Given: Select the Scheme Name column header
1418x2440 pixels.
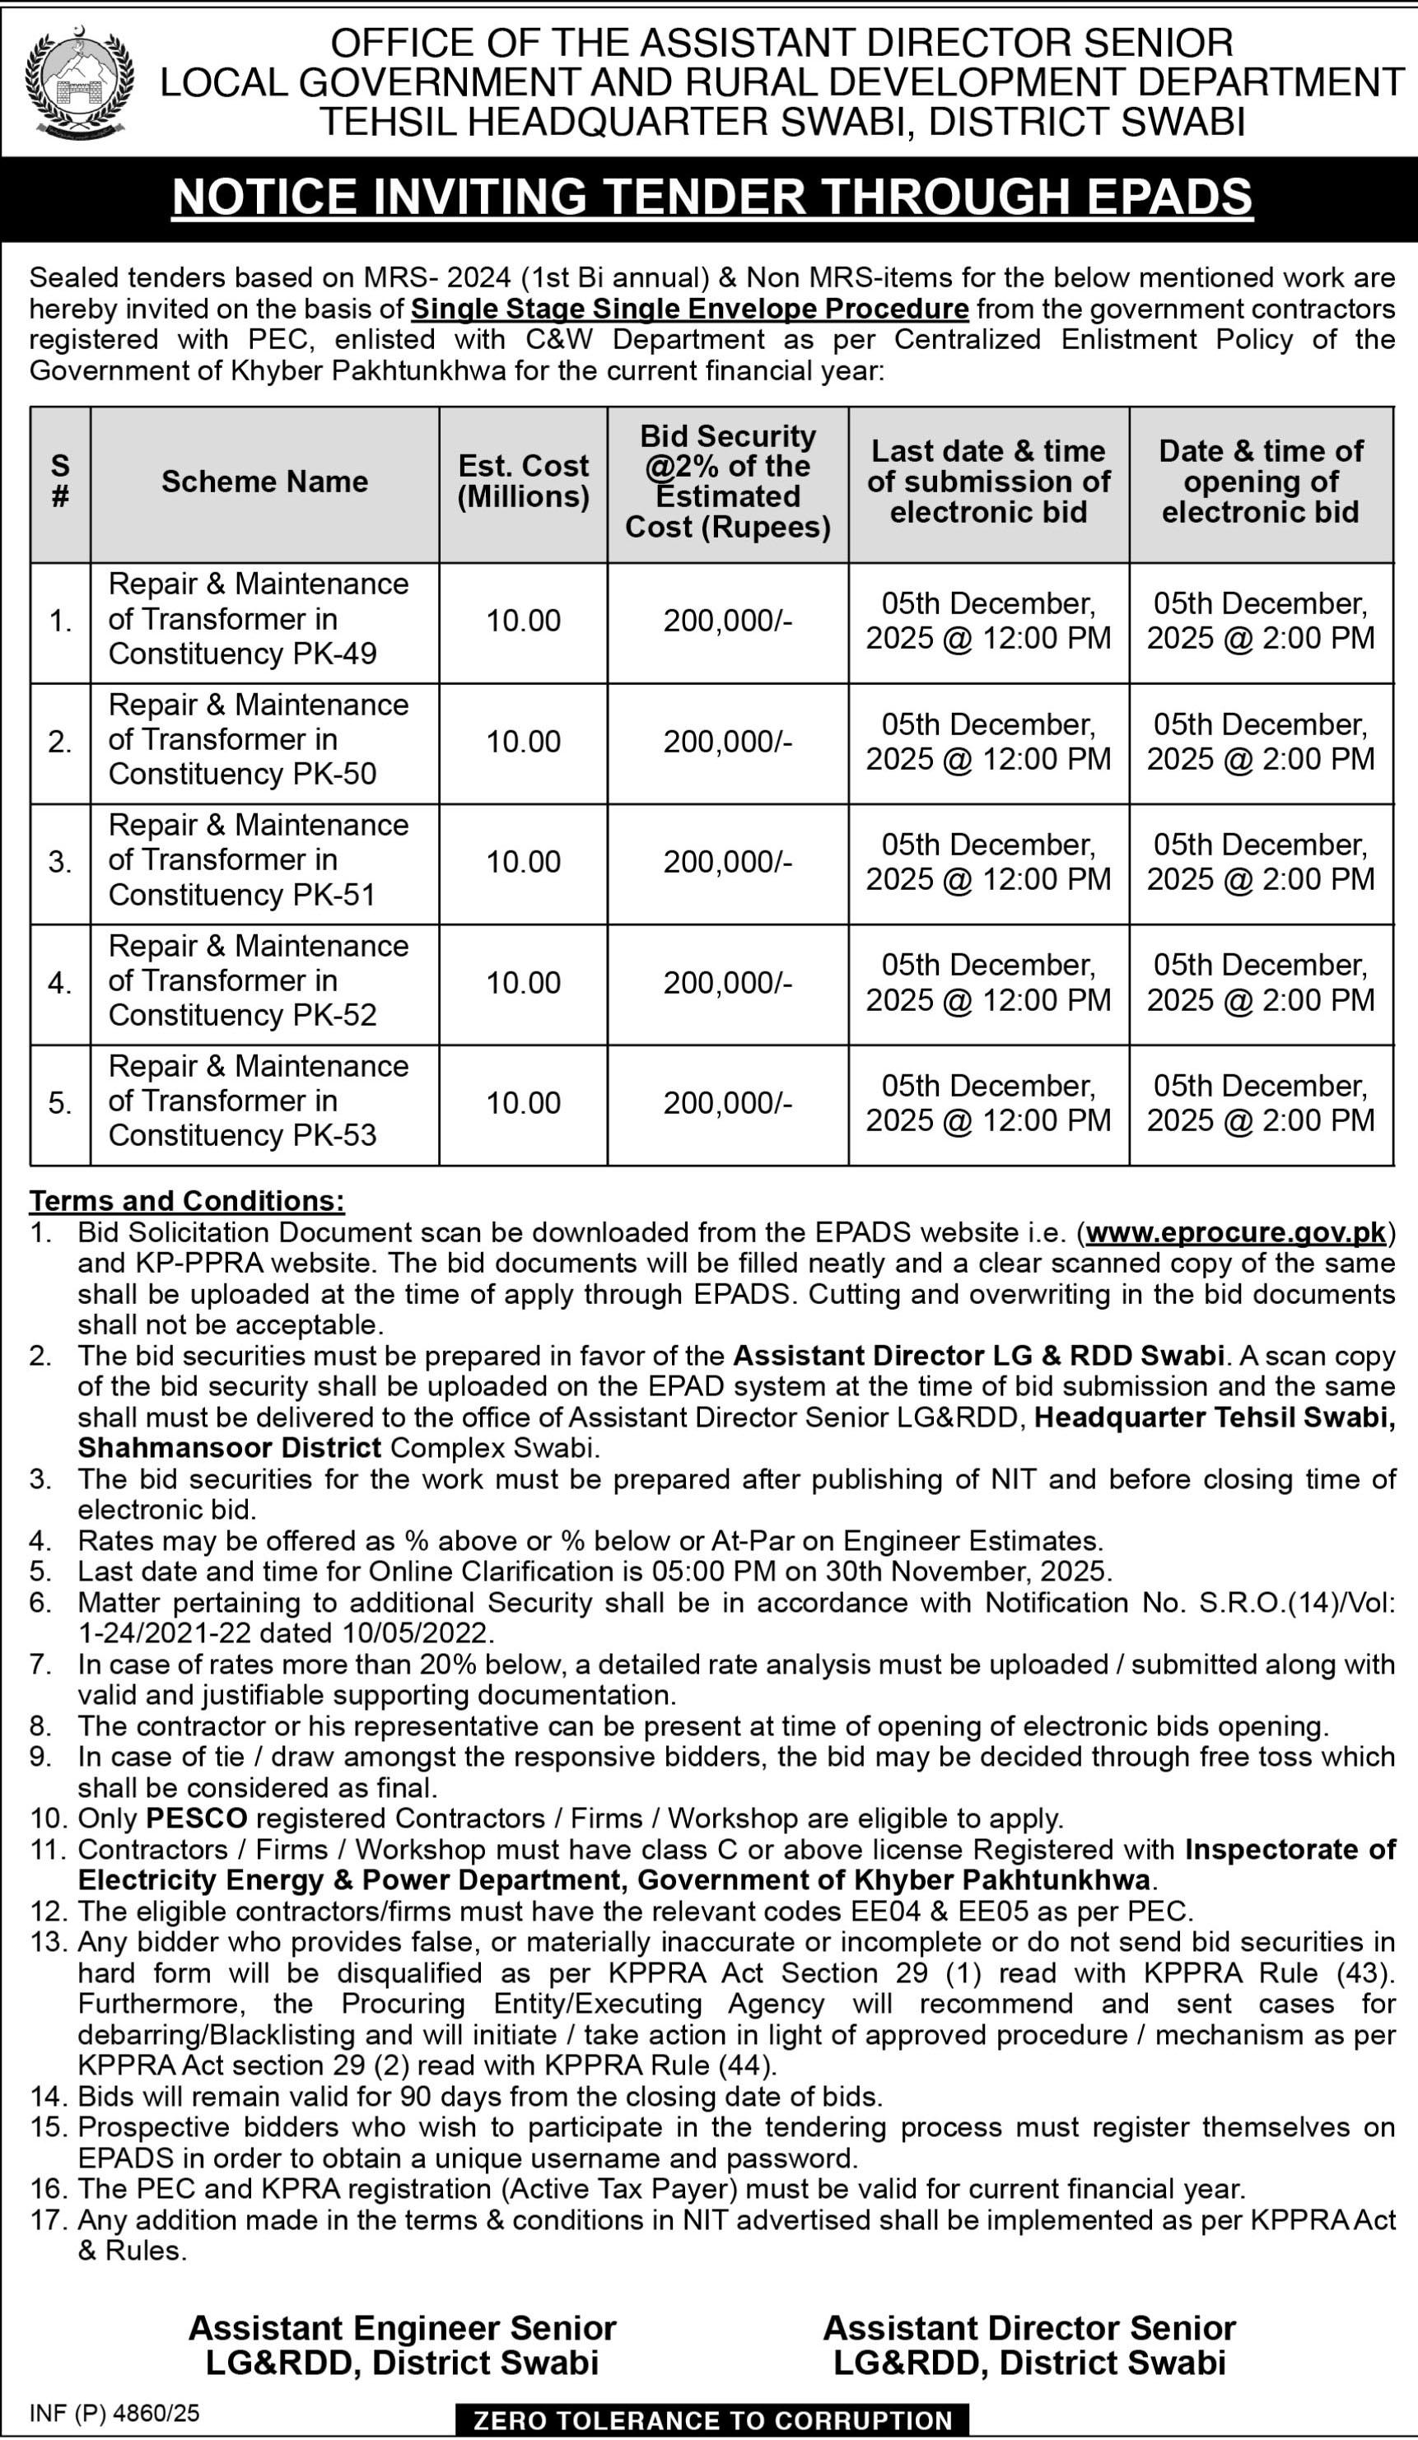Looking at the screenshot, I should pos(264,482).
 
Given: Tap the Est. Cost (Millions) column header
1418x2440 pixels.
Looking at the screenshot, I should pos(523,482).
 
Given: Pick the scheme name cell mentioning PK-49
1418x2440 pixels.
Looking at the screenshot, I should pos(258,620).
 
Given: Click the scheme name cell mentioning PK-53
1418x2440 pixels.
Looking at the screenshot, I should pos(258,1101).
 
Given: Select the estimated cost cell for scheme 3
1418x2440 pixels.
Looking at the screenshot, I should pos(523,862).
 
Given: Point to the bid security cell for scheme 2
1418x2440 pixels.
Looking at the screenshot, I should pos(727,742).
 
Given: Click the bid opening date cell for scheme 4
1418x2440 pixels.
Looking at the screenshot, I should pos(1260,983).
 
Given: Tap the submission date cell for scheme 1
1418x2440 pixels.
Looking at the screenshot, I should pos(988,621).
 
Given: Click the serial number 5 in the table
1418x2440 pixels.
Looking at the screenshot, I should pos(60,1103).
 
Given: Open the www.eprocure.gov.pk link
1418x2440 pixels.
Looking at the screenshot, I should pos(1236,1232).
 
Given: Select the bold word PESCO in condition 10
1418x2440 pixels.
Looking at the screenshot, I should pos(197,1818).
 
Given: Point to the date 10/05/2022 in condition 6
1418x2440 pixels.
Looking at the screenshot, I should pos(417,1633).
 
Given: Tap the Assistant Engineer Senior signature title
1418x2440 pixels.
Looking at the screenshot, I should pos(402,2328).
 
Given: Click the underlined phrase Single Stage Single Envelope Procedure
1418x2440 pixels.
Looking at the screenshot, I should pos(689,309).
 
